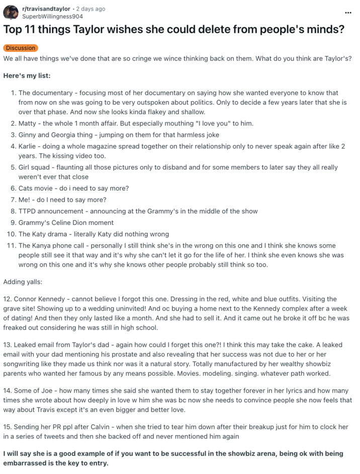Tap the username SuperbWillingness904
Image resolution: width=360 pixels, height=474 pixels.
click(53, 16)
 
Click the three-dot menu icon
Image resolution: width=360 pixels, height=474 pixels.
click(348, 13)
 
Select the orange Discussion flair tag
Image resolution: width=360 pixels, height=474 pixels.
click(21, 48)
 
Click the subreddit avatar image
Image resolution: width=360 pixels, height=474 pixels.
click(11, 12)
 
